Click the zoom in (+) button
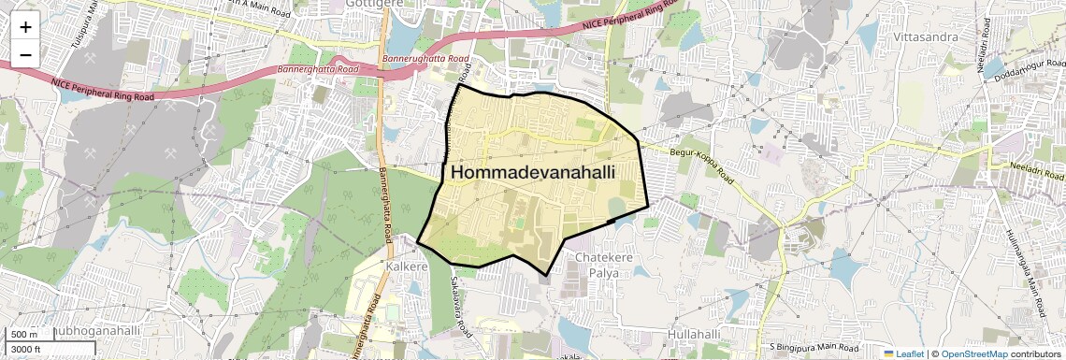click(x=25, y=27)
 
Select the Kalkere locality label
click(x=406, y=266)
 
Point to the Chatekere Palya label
click(x=598, y=264)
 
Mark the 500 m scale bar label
click(x=25, y=335)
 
